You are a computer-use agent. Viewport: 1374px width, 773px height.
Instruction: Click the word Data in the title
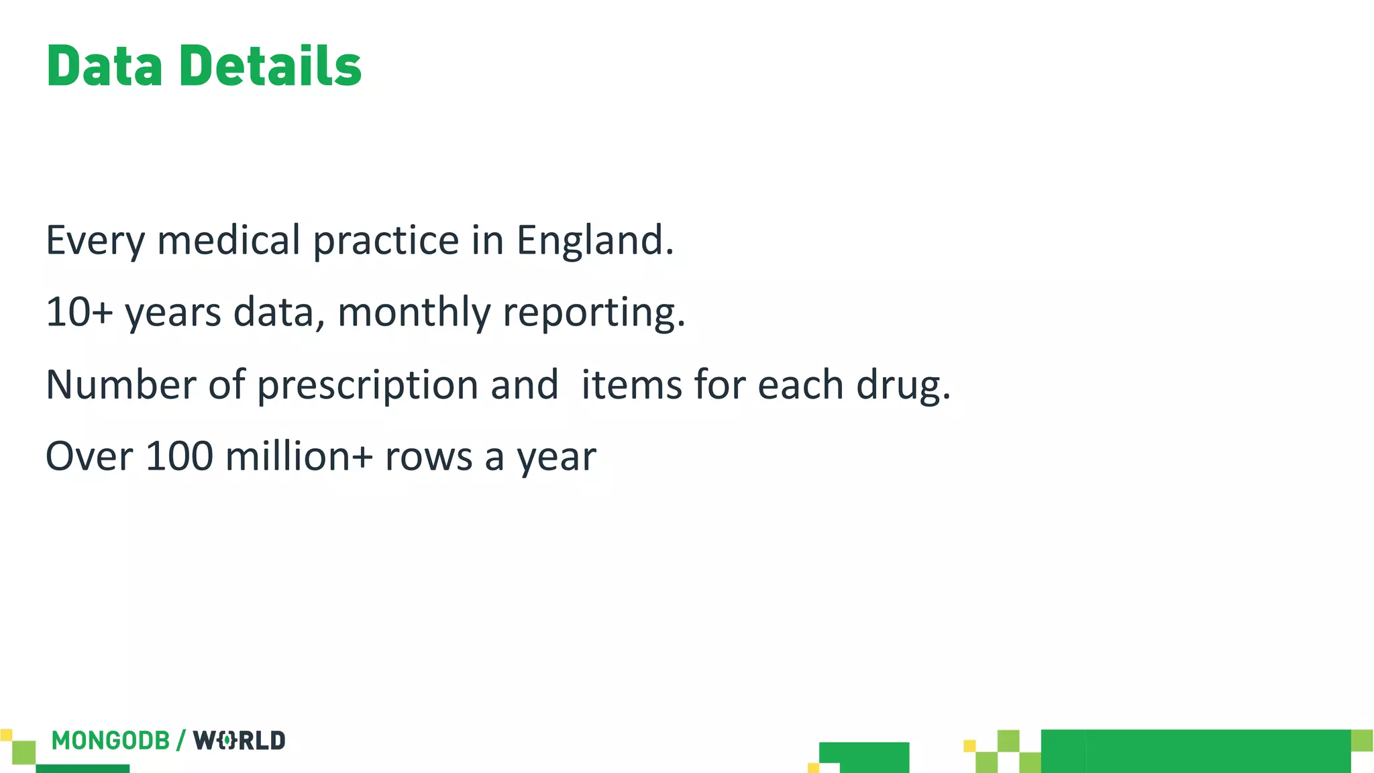click(104, 66)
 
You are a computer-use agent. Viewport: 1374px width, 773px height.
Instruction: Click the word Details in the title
click(270, 66)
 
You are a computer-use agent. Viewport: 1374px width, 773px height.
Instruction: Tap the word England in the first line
click(594, 240)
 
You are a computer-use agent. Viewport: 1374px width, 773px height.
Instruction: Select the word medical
click(228, 240)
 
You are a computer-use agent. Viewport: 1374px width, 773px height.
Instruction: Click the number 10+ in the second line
click(78, 313)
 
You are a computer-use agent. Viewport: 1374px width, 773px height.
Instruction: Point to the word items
click(631, 385)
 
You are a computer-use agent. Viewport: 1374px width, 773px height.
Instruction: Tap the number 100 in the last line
click(178, 457)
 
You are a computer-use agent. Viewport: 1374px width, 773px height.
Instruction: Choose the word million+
click(299, 457)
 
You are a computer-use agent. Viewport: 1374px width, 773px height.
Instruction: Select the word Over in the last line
click(89, 457)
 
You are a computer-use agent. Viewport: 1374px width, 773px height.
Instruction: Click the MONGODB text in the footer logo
click(111, 741)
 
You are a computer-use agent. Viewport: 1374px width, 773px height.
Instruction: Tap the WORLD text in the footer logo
click(240, 741)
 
